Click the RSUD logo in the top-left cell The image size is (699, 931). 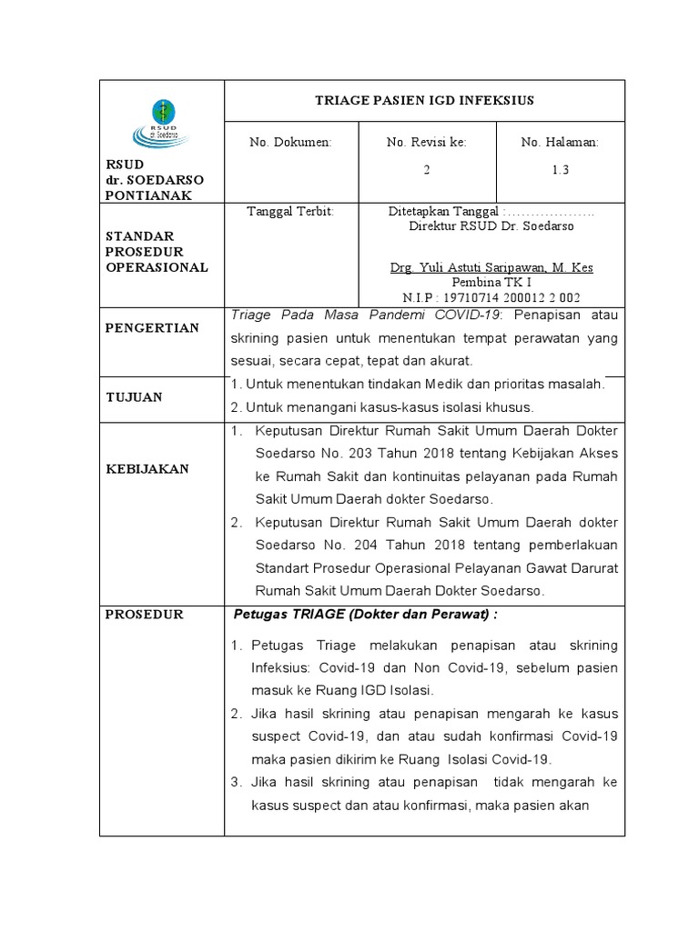[x=161, y=123]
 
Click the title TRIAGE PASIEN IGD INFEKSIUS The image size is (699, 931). [x=424, y=100]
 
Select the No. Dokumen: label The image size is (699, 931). [x=291, y=143]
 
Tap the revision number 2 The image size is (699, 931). [x=426, y=170]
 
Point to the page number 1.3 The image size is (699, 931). [x=560, y=170]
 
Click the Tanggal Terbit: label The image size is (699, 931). [x=291, y=211]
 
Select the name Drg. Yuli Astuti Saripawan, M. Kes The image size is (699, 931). [x=491, y=267]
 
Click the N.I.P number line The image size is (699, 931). [x=491, y=297]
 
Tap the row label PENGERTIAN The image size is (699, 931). [x=152, y=327]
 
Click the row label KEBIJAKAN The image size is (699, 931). [x=147, y=468]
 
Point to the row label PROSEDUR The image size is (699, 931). [x=145, y=614]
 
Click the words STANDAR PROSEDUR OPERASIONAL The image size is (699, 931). [x=157, y=252]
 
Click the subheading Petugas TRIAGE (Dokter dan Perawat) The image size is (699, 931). [x=366, y=614]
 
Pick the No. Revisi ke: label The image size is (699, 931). [x=426, y=143]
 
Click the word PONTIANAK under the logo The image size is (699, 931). [x=148, y=195]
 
